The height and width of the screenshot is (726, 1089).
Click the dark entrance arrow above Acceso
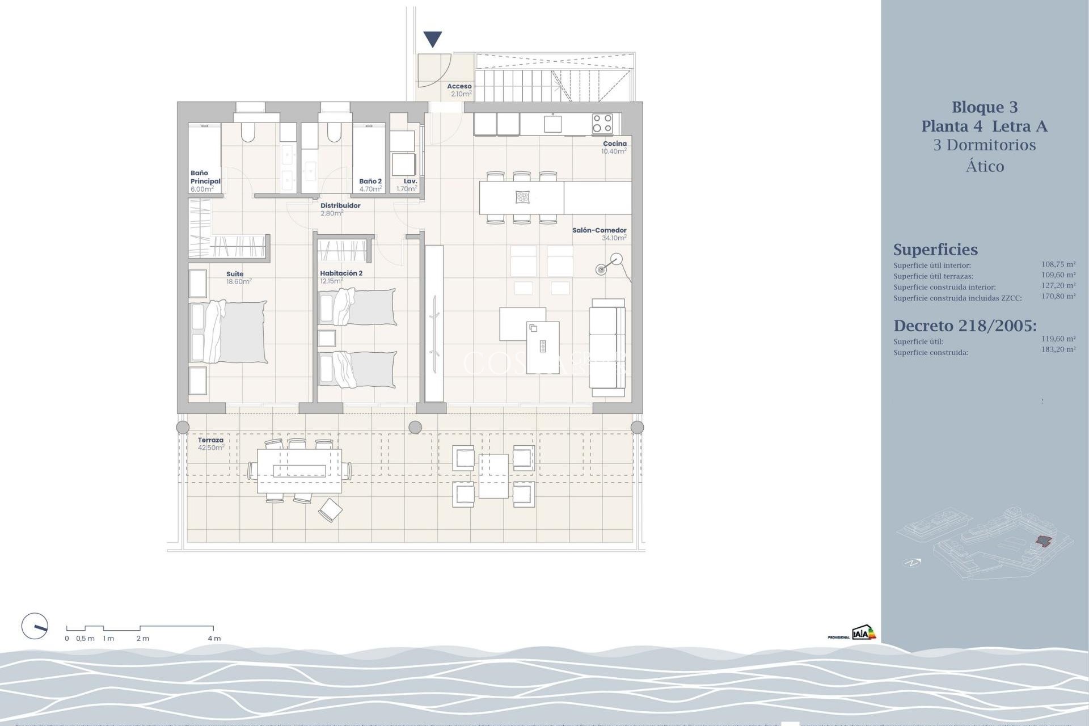tap(433, 39)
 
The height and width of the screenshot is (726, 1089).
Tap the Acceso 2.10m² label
tap(459, 90)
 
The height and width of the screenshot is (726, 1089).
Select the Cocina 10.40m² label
tap(614, 147)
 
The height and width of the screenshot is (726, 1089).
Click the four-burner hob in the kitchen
tap(602, 123)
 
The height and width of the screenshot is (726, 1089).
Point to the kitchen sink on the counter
tap(553, 123)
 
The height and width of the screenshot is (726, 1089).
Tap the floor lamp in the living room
tap(609, 264)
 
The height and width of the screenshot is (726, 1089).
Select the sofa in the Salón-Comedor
tap(607, 348)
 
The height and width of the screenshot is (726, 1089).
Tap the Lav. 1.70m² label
tap(408, 185)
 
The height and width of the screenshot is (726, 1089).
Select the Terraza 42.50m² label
tap(210, 444)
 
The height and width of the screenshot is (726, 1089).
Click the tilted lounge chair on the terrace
tap(330, 509)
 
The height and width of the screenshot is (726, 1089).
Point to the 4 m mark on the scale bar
tap(213, 638)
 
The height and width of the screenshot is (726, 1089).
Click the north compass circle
tap(35, 627)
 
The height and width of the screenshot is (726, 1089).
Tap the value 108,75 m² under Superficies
tap(1058, 264)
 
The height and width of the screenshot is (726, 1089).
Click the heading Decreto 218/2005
tap(965, 326)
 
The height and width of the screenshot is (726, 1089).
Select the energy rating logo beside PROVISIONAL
tap(863, 632)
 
